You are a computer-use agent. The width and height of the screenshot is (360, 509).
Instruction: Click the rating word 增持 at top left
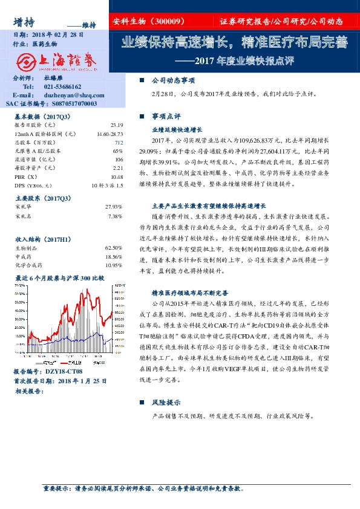tap(24, 21)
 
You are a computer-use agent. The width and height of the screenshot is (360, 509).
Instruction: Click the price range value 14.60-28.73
tap(109, 133)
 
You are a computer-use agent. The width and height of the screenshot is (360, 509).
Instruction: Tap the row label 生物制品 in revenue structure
tap(26, 248)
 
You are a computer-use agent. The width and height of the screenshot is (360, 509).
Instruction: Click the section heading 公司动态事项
tap(173, 80)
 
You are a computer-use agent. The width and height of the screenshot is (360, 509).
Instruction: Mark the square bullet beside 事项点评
tap(142, 115)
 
